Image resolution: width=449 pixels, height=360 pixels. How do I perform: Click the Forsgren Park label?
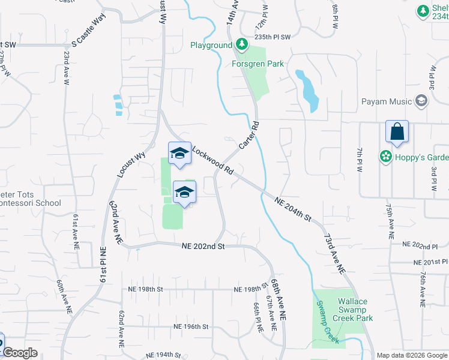click(x=258, y=64)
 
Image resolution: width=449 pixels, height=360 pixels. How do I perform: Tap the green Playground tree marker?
click(x=241, y=44)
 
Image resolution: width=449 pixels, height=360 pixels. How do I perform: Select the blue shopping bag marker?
click(x=397, y=132)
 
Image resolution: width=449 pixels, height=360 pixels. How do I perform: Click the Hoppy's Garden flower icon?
click(x=385, y=157)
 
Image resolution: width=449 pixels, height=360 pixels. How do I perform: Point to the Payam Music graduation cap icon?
click(x=421, y=101)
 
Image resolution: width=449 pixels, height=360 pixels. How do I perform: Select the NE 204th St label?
click(x=294, y=209)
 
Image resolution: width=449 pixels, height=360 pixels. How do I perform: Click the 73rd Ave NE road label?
click(x=335, y=251)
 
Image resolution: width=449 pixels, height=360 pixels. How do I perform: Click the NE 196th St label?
click(x=190, y=327)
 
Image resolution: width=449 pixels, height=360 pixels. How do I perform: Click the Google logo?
click(x=20, y=353)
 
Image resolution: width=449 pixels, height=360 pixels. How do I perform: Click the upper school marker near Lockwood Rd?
click(x=179, y=153)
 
